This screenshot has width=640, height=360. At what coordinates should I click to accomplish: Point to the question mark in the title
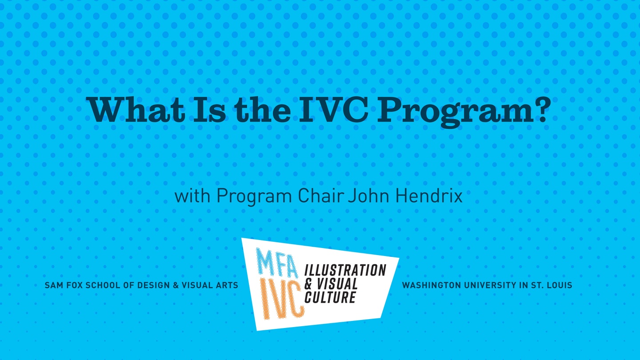541,109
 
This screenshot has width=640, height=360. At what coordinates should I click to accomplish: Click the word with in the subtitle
192,196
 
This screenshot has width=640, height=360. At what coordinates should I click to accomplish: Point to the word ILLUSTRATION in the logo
345,270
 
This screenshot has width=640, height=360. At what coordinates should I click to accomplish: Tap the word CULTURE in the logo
330,297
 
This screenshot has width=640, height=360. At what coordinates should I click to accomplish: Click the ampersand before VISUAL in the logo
308,284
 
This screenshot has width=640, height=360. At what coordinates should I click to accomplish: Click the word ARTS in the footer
228,285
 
